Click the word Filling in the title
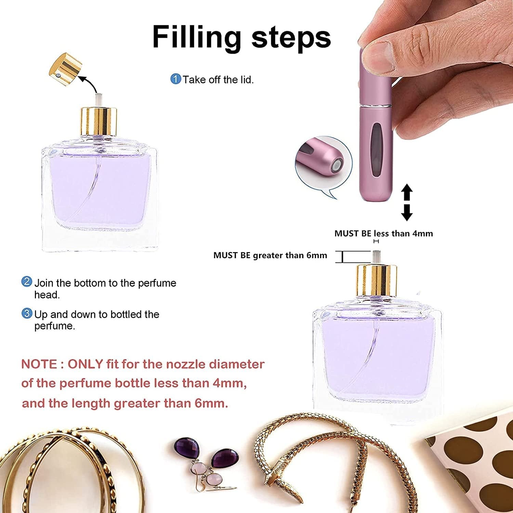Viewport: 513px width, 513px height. [x=197, y=37]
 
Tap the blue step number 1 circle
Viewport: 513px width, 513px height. [x=175, y=79]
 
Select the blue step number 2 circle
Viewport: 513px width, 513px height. [x=27, y=282]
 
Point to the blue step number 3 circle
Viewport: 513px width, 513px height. [x=27, y=313]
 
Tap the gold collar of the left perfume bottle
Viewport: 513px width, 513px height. [x=99, y=121]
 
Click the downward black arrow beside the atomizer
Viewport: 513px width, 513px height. [x=407, y=212]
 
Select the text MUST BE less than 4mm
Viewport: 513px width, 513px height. [x=383, y=234]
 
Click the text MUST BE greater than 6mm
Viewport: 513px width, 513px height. [x=270, y=255]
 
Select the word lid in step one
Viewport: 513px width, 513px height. [x=246, y=80]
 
